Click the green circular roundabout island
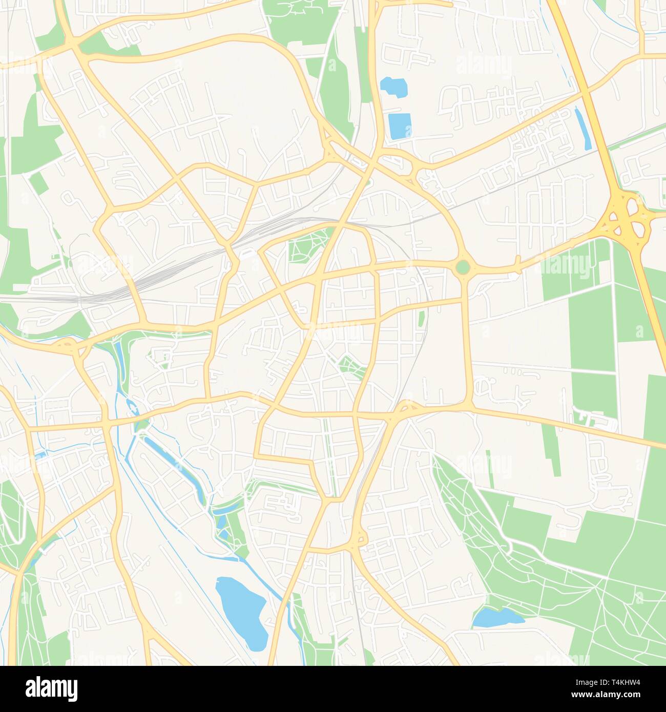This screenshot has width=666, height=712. click(462, 267)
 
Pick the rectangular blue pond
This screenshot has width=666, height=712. click(400, 126)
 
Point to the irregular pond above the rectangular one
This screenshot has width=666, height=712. click(393, 87)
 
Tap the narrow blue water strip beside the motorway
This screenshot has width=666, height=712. click(583, 128)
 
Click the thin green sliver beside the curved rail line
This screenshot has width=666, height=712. click(422, 318)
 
